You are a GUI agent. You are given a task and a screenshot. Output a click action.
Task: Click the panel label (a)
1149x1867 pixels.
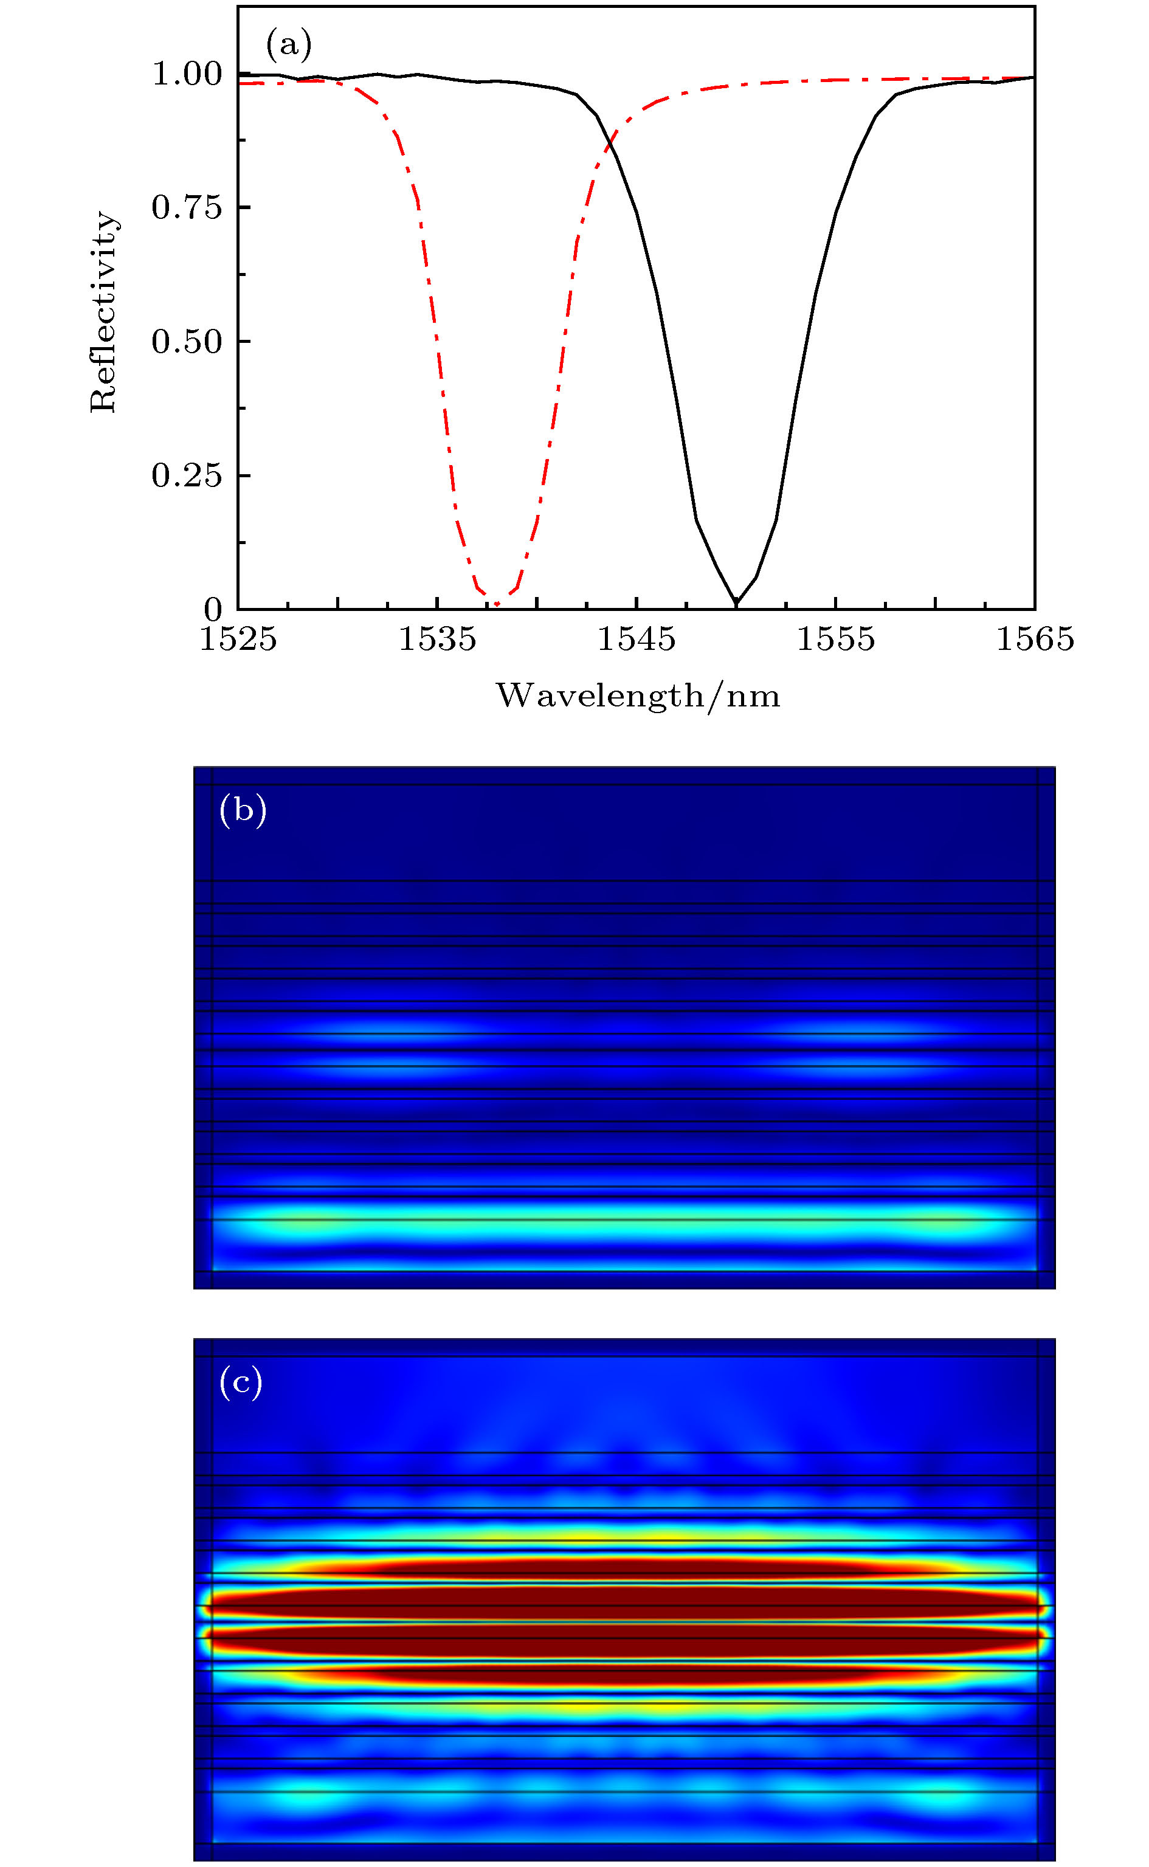coord(289,46)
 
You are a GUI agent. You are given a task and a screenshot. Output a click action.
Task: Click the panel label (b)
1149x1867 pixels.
coord(243,811)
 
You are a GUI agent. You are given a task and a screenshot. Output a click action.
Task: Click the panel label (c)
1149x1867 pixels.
coord(241,1382)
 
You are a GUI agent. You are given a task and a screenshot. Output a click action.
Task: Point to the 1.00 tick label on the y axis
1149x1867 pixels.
coord(187,74)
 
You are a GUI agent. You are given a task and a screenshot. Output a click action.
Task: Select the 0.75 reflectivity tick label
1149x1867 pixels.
coord(187,207)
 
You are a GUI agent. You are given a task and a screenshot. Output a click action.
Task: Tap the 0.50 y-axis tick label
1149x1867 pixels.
coord(187,342)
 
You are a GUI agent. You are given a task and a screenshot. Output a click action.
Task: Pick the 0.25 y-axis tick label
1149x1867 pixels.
coord(187,475)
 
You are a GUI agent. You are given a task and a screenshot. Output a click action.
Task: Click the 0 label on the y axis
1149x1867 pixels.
coord(213,609)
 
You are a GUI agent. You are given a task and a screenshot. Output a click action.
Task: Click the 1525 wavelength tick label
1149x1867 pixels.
coord(238,640)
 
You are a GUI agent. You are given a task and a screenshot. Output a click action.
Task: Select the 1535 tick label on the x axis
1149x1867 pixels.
coord(438,640)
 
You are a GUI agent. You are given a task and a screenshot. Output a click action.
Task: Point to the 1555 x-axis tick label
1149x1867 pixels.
coord(836,640)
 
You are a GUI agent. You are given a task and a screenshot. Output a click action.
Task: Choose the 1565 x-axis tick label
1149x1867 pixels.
coord(1035,640)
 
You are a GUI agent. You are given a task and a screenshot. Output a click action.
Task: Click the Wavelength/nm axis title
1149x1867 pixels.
coord(638,696)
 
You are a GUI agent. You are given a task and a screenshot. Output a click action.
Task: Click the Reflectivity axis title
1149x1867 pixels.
coord(103,311)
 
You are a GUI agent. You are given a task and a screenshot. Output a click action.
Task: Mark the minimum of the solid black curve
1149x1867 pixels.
coord(736,604)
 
